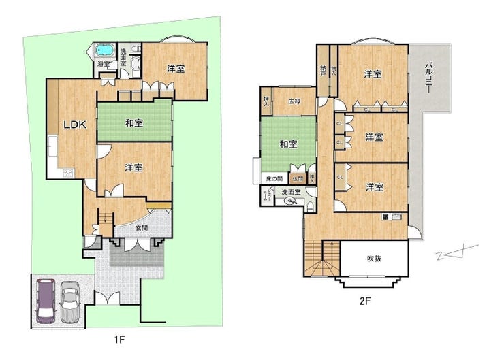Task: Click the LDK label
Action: point(74,125)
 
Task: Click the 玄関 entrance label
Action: point(140,228)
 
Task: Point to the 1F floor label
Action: point(121,338)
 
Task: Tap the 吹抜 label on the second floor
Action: point(375,258)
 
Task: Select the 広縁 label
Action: point(294,101)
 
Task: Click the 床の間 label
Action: point(275,178)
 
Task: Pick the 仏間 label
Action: point(297,178)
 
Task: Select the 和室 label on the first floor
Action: point(133,123)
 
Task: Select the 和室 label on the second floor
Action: point(288,144)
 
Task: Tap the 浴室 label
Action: point(104,65)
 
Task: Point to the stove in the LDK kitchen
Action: point(68,173)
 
